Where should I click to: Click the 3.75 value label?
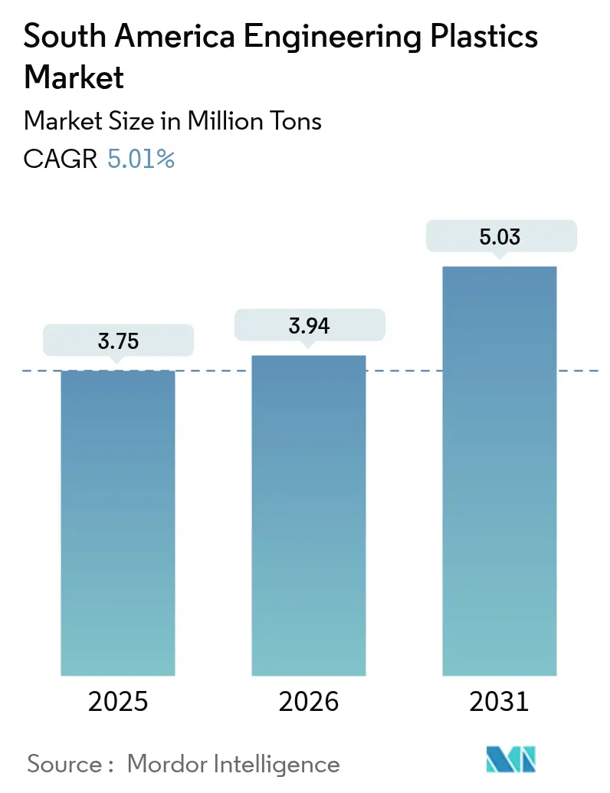[x=118, y=341]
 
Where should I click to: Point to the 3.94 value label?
[x=309, y=325]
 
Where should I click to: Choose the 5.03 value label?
[x=500, y=236]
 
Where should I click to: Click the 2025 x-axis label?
[x=118, y=702]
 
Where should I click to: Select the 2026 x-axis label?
[x=309, y=702]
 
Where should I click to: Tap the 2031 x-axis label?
[x=500, y=702]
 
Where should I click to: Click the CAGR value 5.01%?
[x=141, y=159]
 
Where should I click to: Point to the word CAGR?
[x=61, y=159]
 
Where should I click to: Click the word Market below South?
[x=74, y=77]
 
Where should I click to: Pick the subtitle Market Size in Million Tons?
[x=172, y=120]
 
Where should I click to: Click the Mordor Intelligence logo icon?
[x=512, y=759]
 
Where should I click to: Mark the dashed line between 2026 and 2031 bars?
[x=404, y=371]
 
